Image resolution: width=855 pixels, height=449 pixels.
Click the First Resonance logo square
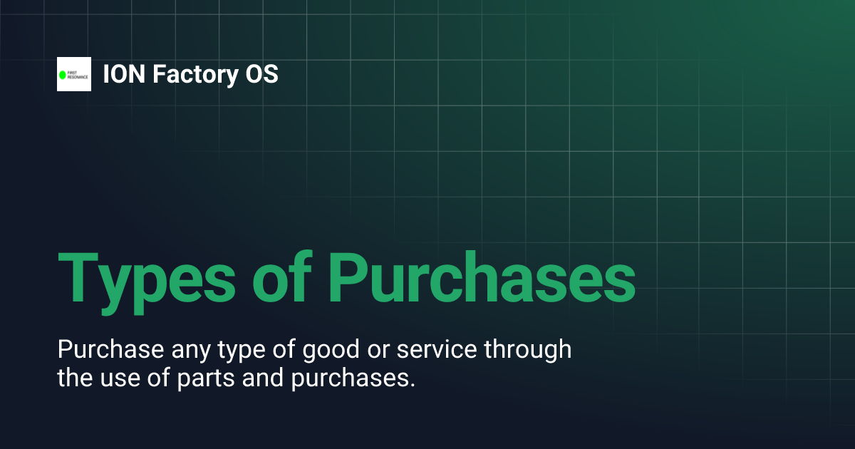74,74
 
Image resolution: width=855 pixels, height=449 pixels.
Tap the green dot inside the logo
63,75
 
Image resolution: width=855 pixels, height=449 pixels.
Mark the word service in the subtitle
437,351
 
